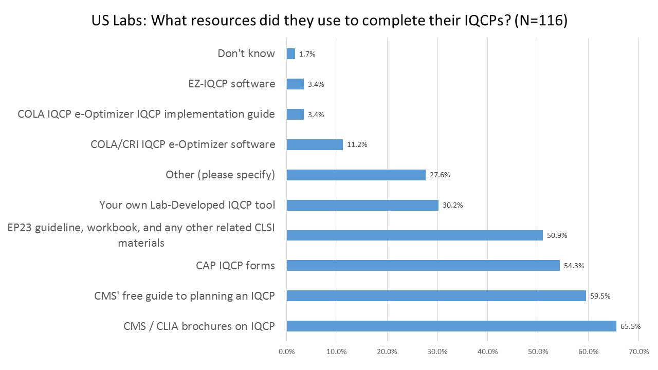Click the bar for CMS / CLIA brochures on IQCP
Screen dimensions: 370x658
[451, 326]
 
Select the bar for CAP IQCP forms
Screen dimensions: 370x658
[423, 265]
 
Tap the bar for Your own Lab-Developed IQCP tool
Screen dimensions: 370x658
[362, 205]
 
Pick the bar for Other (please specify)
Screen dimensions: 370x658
[356, 175]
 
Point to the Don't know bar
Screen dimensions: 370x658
[290, 53]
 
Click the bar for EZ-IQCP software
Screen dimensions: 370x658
[295, 84]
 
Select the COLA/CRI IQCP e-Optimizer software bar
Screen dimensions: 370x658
[314, 144]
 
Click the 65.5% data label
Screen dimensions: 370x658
[630, 326]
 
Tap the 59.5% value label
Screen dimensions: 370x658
[600, 296]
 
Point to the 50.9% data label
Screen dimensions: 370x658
[557, 235]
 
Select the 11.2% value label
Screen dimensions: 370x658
[357, 144]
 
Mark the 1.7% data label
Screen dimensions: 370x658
[307, 53]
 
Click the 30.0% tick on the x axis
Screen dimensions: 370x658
[437, 352]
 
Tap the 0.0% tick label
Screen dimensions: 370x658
[286, 352]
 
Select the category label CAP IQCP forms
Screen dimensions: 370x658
[235, 266]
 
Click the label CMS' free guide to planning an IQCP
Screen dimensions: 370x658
[185, 296]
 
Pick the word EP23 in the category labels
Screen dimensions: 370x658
[21, 229]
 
